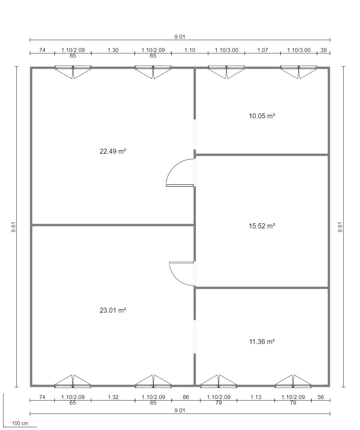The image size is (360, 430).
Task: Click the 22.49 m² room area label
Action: tap(113, 151)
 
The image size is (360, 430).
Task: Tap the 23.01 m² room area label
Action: tap(113, 310)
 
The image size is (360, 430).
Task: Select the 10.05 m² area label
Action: tap(262, 116)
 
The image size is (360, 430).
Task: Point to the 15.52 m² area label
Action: tap(262, 226)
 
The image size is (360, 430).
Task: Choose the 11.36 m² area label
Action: tap(262, 342)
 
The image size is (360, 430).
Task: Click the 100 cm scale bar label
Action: tap(20, 422)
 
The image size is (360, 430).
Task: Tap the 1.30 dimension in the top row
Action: tap(113, 50)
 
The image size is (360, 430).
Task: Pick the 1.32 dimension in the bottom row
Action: tap(113, 397)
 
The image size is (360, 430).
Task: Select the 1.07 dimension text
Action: tap(263, 50)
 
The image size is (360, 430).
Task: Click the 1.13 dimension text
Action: tap(256, 397)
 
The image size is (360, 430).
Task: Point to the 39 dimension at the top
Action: tap(324, 50)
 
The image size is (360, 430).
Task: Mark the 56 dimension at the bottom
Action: tap(321, 397)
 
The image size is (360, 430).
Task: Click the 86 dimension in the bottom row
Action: tap(186, 397)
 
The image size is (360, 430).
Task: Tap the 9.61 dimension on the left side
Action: tap(14, 227)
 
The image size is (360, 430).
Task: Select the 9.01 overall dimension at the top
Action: tap(180, 37)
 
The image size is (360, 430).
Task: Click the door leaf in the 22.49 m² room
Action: tap(180, 186)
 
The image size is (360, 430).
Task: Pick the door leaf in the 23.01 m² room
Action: tap(181, 262)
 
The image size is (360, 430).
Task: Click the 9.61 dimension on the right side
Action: tap(340, 227)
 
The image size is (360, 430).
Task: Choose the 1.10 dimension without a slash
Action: tap(190, 50)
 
